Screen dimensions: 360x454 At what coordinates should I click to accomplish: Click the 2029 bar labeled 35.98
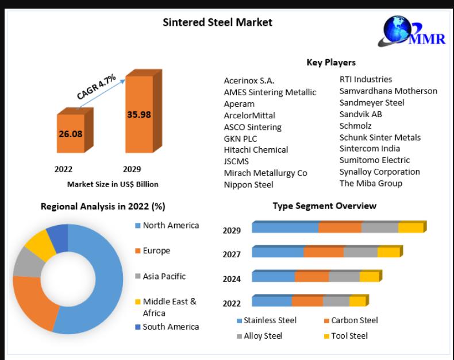(x=138, y=114)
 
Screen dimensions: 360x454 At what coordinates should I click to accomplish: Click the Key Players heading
(x=330, y=63)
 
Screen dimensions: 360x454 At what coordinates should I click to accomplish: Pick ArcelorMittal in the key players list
(x=249, y=115)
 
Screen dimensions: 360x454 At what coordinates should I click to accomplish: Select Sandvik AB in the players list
(x=360, y=114)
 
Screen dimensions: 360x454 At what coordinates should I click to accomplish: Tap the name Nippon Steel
(x=248, y=184)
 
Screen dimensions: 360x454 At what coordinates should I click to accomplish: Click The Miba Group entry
(x=371, y=183)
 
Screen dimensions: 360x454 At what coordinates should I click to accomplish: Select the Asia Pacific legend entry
(x=164, y=276)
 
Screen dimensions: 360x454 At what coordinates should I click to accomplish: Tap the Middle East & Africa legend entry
(x=169, y=307)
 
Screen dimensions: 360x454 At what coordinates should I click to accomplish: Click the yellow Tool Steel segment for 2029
(x=410, y=228)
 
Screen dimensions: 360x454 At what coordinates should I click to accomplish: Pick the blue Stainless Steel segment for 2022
(x=271, y=301)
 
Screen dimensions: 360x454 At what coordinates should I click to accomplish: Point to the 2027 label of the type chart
(x=232, y=254)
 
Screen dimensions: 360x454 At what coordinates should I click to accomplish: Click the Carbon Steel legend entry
(x=354, y=320)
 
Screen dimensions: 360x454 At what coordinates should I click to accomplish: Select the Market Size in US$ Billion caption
(x=113, y=184)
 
